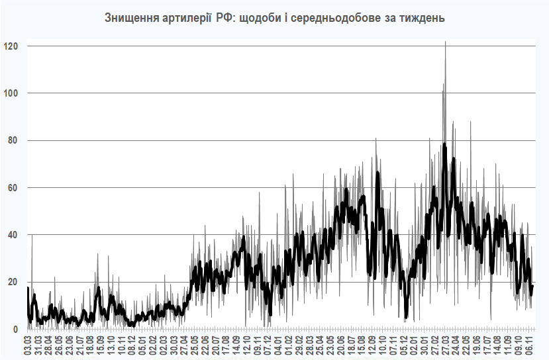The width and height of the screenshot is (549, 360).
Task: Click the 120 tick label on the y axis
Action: pos(10,46)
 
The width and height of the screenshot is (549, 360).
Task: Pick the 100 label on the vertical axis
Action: pos(10,93)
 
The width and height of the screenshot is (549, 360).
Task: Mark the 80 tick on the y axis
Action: pos(12,140)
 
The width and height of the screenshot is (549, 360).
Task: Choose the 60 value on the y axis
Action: pos(12,188)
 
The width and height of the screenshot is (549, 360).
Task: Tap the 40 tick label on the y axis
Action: pos(12,235)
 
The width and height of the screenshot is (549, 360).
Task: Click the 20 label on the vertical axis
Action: pos(12,282)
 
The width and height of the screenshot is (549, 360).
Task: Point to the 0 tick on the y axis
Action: pos(15,330)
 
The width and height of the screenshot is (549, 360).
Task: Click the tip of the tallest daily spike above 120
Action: pos(445,41)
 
